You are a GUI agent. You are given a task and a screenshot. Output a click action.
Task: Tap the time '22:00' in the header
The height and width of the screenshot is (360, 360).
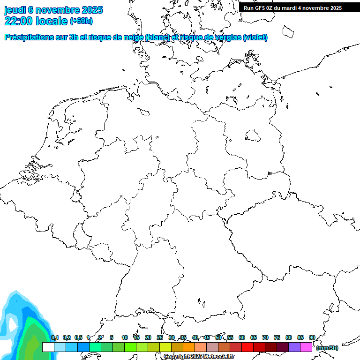18,21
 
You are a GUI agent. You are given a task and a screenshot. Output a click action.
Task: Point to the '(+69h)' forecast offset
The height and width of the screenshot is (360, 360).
81,21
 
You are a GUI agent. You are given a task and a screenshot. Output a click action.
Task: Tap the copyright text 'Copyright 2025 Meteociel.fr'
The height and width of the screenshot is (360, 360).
199,357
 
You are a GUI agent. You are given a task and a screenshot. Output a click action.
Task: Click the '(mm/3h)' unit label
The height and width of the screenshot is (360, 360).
327,348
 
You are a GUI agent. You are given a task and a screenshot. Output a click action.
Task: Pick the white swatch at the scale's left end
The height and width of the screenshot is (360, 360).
48,347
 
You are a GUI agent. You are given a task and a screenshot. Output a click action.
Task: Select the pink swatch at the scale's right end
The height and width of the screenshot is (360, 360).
306,347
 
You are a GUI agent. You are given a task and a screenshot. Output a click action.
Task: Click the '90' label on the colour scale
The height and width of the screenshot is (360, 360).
312,337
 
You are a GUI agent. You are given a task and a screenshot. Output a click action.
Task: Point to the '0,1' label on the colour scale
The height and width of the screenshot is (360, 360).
54,337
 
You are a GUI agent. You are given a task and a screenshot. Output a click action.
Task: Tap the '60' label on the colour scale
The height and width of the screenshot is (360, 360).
242,337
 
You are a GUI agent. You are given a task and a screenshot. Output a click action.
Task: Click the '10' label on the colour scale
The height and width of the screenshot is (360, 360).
125,337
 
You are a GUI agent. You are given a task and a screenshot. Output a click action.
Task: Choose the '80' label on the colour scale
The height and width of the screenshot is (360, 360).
289,337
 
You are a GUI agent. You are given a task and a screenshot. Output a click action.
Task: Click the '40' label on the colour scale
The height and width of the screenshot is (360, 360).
195,337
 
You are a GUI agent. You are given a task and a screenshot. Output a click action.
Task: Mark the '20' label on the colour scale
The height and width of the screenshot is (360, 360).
148,337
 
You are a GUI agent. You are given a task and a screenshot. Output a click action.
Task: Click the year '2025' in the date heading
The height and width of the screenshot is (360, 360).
92,10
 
